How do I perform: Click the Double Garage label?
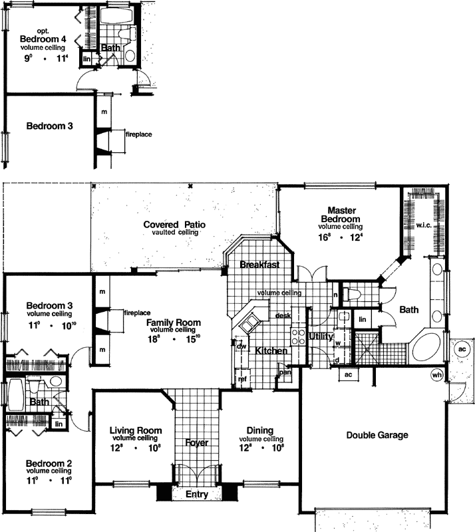tap(377, 436)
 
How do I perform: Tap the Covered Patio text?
tap(174, 225)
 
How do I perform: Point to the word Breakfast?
tap(259, 265)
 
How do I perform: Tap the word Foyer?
tap(197, 442)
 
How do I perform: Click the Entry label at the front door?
tap(197, 494)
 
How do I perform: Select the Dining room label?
tap(259, 430)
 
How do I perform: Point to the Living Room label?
tap(136, 430)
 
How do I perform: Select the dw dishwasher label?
tap(241, 345)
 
